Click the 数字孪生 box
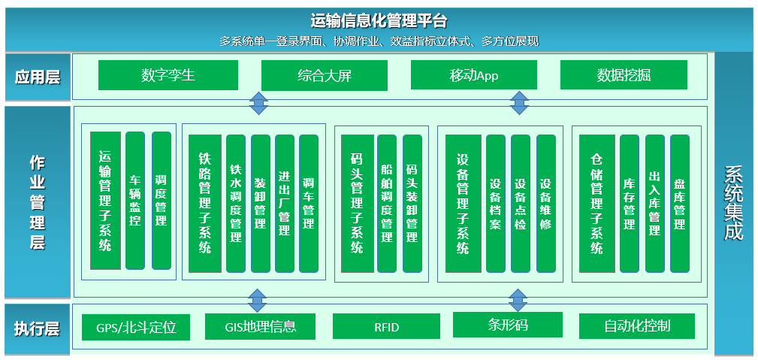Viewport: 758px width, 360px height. [168, 75]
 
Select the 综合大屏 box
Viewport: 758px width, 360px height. [324, 75]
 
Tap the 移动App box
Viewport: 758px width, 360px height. [473, 75]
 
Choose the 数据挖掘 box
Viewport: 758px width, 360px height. [624, 75]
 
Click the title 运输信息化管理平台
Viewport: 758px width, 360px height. [379, 20]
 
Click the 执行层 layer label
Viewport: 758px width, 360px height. [37, 328]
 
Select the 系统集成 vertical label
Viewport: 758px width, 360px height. [733, 203]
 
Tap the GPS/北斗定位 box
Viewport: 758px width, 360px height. [136, 328]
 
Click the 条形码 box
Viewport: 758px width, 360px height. [508, 325]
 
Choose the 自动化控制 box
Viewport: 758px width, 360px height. [636, 326]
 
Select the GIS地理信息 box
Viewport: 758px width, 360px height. [260, 327]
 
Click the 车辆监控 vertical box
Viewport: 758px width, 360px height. [135, 201]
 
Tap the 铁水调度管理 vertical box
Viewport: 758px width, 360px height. [236, 203]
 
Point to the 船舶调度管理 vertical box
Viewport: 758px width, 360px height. [387, 203]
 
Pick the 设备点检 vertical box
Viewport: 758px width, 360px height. [521, 203]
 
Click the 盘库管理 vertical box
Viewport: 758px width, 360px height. [680, 203]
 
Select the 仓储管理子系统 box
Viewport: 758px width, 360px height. [596, 203]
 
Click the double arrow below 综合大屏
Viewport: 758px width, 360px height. [258, 103]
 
